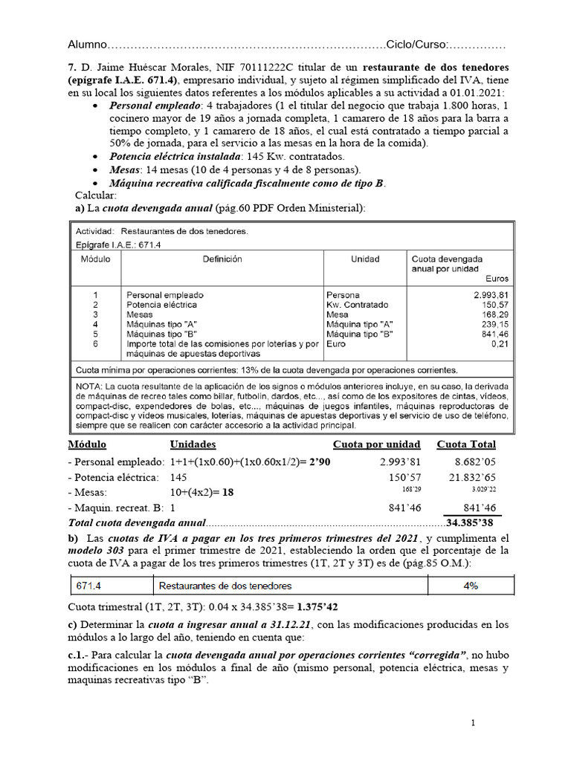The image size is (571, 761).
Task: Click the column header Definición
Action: pos(221,259)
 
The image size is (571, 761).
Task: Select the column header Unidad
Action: pos(364,259)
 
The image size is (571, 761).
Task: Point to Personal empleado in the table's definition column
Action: pos(164,295)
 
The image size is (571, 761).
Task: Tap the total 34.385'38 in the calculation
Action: pos(472,522)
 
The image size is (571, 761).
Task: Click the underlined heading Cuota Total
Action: pos(466,444)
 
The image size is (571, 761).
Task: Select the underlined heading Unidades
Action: pos(193,444)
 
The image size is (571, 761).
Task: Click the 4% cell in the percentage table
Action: pos(470,586)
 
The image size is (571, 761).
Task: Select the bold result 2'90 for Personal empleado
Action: pos(323,462)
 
